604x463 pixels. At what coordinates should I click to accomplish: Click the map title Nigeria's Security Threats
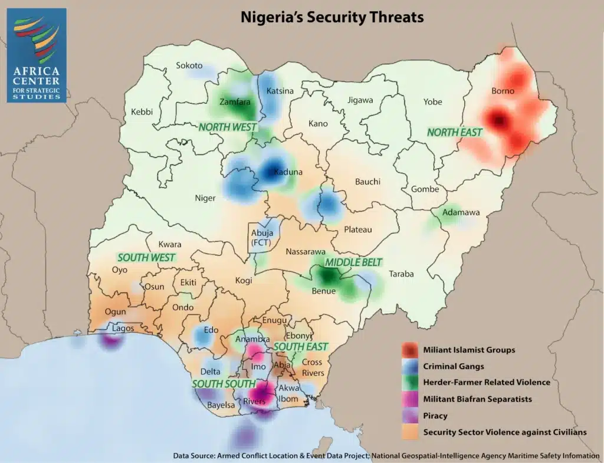coord(332,17)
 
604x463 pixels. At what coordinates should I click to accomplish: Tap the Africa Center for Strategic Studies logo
coord(37,55)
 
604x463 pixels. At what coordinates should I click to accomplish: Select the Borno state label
coord(503,91)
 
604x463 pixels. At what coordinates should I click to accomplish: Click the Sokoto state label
coord(189,65)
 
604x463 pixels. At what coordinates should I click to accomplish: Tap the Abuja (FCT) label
coord(260,237)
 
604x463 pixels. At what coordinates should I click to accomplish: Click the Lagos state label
coord(123,329)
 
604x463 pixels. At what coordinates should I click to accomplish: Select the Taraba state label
coord(401,274)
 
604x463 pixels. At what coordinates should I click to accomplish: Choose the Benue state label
coord(323,291)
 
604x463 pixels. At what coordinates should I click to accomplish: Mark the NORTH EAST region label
coord(455,132)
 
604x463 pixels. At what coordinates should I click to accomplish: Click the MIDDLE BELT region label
coord(354,262)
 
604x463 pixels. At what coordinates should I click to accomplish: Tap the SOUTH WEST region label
coord(146,257)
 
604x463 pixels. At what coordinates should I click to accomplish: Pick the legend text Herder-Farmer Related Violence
coord(487,382)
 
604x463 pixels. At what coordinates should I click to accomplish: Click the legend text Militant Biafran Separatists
coord(477,399)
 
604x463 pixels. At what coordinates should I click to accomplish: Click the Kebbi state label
coord(142,111)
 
